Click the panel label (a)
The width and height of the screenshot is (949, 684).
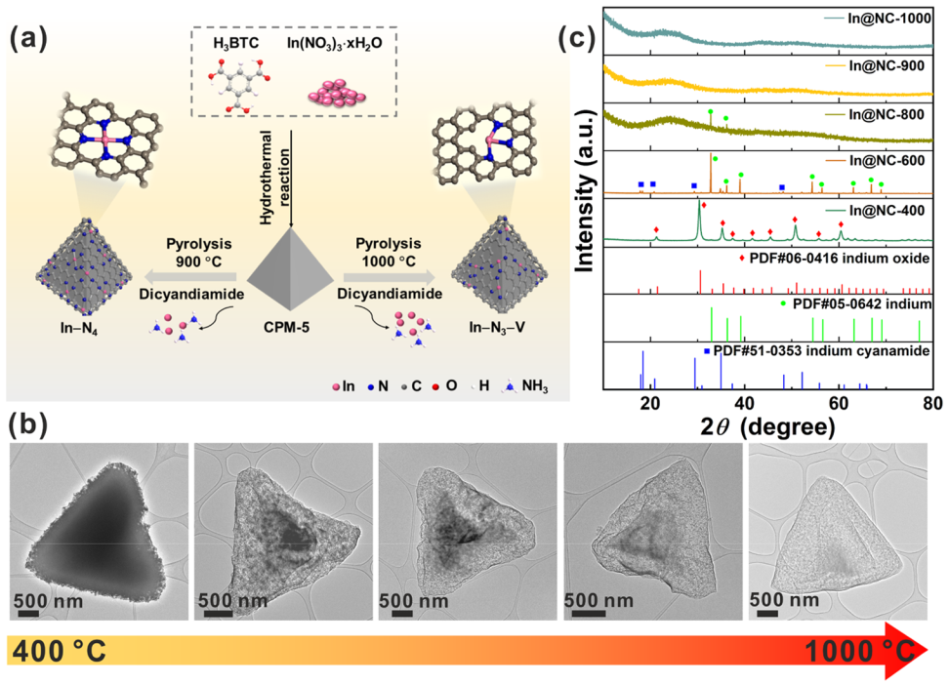click(x=27, y=41)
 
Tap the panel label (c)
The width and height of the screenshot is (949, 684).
click(x=578, y=41)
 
